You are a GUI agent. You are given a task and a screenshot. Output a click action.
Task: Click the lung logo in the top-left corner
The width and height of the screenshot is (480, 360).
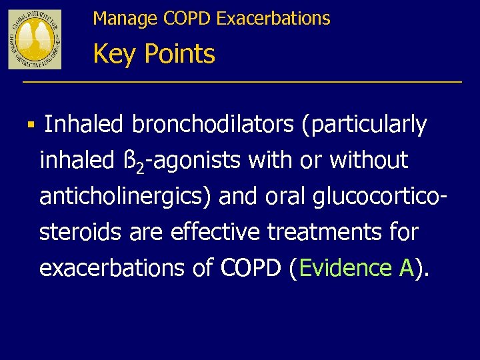click(35, 39)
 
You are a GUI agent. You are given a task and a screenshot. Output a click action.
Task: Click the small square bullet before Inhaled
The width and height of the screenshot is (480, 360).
click(32, 125)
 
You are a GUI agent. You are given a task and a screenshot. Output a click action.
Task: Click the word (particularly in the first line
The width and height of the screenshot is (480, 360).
click(365, 125)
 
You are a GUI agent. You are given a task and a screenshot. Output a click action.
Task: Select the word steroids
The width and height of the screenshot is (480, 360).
click(78, 233)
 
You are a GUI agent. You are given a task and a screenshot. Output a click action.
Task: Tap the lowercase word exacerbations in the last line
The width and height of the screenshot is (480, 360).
click(107, 269)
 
